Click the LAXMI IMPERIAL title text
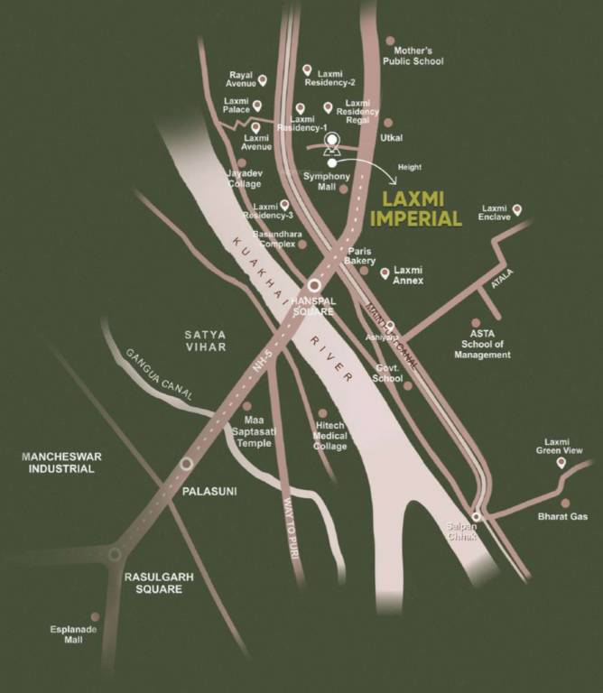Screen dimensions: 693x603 (x=422, y=208)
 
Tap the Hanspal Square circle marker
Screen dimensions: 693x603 (x=314, y=284)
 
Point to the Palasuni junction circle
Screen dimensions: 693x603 (x=186, y=463)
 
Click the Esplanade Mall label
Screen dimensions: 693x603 (x=74, y=633)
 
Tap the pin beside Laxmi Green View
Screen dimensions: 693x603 (x=561, y=463)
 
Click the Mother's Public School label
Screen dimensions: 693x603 (x=415, y=56)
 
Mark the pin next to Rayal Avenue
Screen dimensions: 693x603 (x=263, y=79)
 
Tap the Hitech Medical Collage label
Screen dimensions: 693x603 (x=329, y=436)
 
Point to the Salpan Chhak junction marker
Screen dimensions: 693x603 (x=476, y=516)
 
